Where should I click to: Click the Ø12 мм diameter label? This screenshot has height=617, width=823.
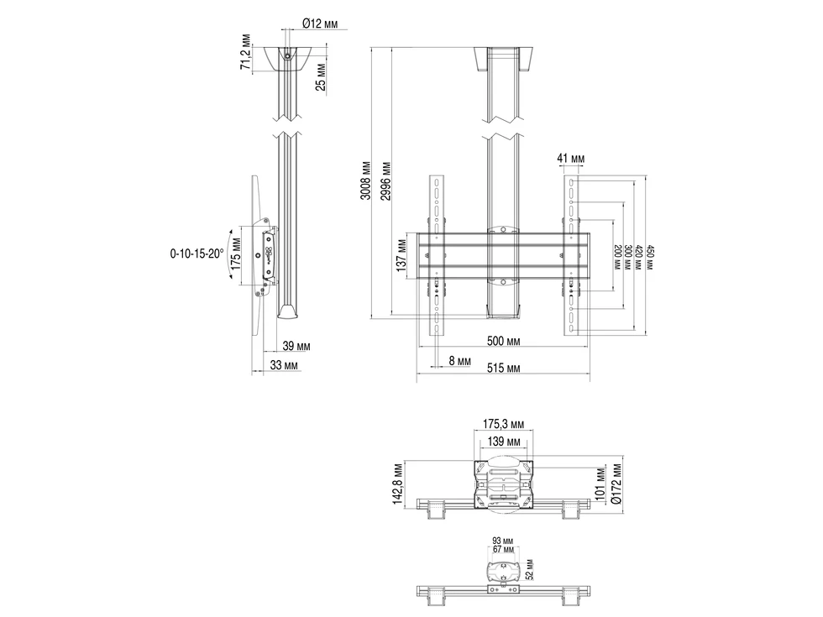pos(320,24)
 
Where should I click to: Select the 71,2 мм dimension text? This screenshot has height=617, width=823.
pos(245,52)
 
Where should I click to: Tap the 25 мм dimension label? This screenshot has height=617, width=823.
pos(321,77)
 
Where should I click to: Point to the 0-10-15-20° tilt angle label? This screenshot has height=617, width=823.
pos(197,254)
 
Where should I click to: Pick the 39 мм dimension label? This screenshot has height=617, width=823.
pos(296,346)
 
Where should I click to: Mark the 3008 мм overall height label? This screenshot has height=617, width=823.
pos(365,181)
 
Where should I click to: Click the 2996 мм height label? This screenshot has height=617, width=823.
pos(385,181)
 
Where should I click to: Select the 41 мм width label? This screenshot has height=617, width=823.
pos(570,159)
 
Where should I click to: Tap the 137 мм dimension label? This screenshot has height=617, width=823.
pos(401,255)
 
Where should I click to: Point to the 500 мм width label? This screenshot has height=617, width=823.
pos(503,342)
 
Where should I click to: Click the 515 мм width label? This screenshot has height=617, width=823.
pos(503,369)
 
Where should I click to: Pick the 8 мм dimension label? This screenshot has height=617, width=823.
pos(460,361)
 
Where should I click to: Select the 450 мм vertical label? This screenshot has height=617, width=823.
pos(650,257)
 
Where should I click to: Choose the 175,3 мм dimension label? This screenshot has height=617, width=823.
pos(503,424)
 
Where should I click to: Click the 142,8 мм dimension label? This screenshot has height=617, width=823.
pos(398,484)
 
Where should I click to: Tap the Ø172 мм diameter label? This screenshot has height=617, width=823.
pos(616,484)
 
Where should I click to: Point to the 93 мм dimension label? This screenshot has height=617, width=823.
pos(503,541)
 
